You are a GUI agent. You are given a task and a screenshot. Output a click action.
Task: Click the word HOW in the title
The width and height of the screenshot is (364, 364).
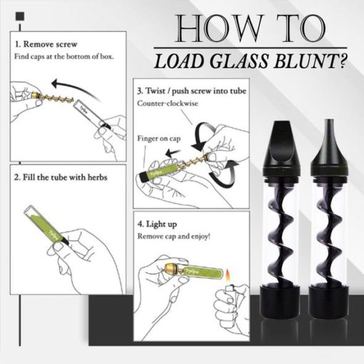[219, 29]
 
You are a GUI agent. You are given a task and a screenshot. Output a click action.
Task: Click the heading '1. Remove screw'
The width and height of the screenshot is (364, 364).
[46, 44]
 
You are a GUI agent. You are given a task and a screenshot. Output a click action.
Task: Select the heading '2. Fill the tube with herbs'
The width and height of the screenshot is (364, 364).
[61, 178]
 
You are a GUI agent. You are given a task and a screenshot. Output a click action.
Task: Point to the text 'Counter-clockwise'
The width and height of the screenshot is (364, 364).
[168, 103]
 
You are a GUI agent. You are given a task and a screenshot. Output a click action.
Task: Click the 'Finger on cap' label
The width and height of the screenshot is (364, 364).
[159, 138]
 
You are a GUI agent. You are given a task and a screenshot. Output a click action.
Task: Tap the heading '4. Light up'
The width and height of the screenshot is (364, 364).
[157, 224]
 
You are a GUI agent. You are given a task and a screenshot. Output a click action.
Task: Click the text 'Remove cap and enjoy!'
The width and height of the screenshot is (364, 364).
[174, 236]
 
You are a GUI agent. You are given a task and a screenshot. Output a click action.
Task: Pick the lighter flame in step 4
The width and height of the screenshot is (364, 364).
[228, 275]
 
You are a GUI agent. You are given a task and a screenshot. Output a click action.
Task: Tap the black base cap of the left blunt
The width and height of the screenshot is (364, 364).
[280, 302]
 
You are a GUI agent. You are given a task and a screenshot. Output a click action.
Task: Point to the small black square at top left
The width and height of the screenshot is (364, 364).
[20, 16]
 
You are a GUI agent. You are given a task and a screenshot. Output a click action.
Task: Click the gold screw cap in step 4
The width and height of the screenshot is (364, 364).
[171, 268]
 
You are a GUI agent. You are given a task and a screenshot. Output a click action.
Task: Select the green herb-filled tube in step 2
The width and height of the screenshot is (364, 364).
[46, 226]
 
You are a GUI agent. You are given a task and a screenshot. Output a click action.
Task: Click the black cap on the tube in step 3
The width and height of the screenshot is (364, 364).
[143, 177]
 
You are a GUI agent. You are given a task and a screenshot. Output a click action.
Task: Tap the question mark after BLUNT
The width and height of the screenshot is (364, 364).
[343, 61]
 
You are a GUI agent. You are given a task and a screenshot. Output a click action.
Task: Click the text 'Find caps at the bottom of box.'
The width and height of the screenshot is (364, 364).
[64, 56]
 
